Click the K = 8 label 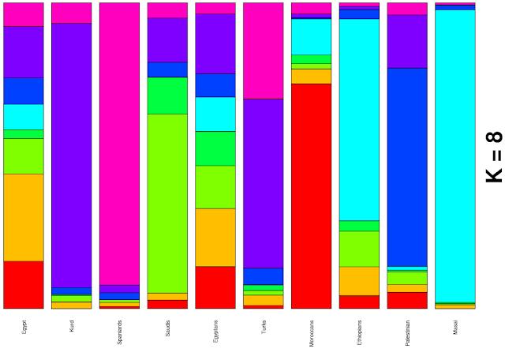(494, 156)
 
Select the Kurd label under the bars (72, 326)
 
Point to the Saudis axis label (167, 328)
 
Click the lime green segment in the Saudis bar (167, 203)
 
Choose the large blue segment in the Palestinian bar (407, 167)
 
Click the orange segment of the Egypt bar (24, 217)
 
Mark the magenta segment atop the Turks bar (264, 51)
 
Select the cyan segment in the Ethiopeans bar (359, 119)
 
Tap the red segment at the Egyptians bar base (215, 287)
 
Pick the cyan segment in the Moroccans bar (311, 36)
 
